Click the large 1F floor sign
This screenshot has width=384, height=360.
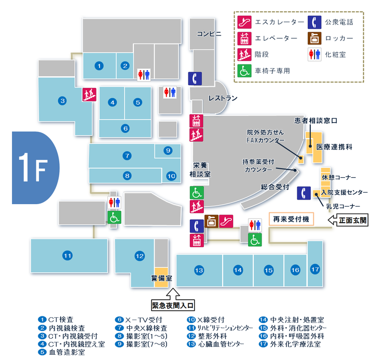tap(35, 168)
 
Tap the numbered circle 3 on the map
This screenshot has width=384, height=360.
tap(62, 101)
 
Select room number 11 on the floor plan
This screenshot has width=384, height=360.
tap(67, 256)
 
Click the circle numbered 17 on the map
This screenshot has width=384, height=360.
tap(315, 270)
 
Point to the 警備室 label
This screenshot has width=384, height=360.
tap(161, 278)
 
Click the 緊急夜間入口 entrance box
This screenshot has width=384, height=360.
tap(173, 305)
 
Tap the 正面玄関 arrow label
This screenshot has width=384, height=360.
tap(348, 220)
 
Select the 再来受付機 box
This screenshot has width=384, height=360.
tap(291, 219)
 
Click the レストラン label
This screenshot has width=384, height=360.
tap(223, 98)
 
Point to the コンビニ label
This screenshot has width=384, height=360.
tap(209, 34)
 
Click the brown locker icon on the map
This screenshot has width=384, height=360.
tap(211, 221)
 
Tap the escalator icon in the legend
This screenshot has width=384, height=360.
tap(244, 22)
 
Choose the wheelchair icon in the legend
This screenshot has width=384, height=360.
tap(244, 71)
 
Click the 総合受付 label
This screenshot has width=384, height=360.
tap(275, 187)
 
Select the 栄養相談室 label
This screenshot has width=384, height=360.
tap(200, 170)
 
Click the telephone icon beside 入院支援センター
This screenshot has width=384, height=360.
tap(304, 193)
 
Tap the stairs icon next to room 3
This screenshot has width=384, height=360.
tap(89, 95)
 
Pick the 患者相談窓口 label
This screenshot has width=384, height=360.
tap(316, 121)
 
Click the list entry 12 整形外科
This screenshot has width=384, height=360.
tap(207, 336)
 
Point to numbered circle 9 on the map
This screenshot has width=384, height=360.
tap(168, 150)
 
